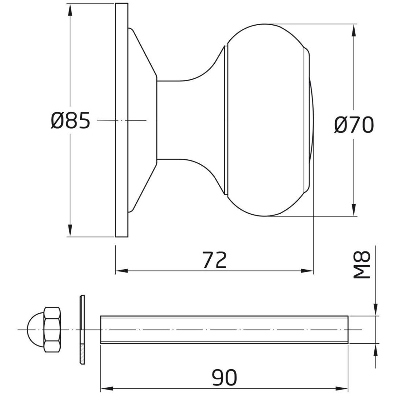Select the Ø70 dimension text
pyautogui.click(x=354, y=125)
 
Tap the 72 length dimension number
pyautogui.click(x=215, y=259)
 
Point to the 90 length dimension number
pyautogui.click(x=225, y=377)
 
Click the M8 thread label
pyautogui.click(x=362, y=265)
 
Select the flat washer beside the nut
pyautogui.click(x=82, y=330)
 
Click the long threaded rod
pyautogui.click(x=224, y=330)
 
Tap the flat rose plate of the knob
pyautogui.click(x=122, y=120)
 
